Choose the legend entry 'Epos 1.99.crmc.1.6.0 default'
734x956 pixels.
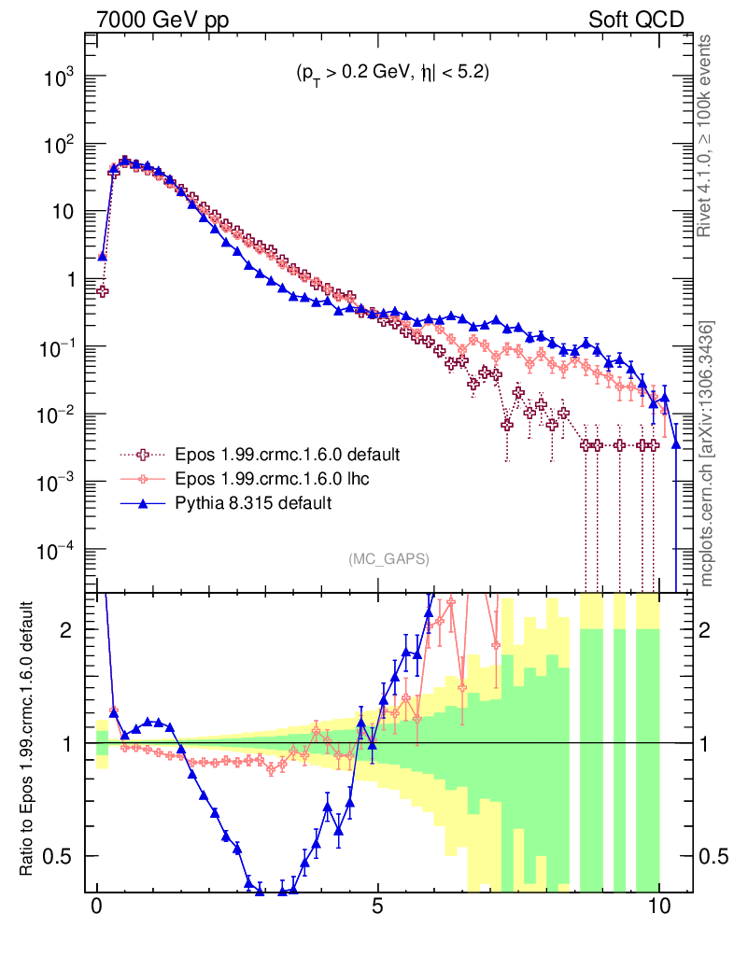click(x=288, y=455)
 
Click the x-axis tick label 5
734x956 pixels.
click(x=377, y=907)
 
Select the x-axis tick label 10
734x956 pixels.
click(x=658, y=907)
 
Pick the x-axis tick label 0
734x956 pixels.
click(x=97, y=907)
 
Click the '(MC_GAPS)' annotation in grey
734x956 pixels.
click(x=388, y=559)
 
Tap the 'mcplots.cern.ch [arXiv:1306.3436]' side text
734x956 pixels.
click(x=708, y=453)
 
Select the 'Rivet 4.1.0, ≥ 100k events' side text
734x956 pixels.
click(x=708, y=135)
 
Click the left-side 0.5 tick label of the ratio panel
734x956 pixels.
click(x=62, y=856)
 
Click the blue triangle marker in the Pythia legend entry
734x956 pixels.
click(x=144, y=503)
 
